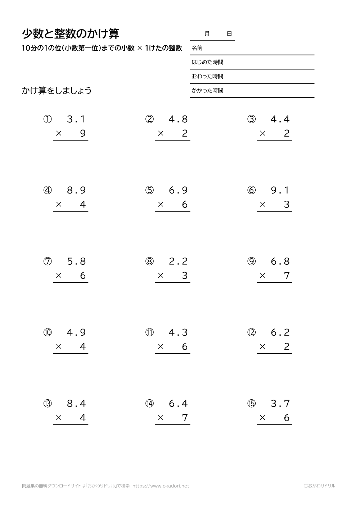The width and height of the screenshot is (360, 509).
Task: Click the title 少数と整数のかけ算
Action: (x=71, y=33)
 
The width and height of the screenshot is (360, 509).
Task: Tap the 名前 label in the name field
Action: (x=197, y=48)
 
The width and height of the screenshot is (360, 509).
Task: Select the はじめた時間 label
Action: (x=207, y=62)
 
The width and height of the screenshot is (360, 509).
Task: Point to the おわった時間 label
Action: (x=207, y=76)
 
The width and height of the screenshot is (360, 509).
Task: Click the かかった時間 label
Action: (x=207, y=91)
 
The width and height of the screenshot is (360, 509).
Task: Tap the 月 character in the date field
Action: (x=207, y=34)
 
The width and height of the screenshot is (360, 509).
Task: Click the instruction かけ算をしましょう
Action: (x=57, y=90)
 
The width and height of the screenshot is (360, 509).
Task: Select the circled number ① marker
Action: (x=48, y=119)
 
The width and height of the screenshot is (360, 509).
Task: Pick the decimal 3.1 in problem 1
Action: (x=76, y=119)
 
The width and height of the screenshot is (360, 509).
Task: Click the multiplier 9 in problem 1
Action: (x=83, y=133)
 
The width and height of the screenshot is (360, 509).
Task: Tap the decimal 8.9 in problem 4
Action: (x=76, y=190)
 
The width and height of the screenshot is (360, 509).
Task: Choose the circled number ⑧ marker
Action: (x=149, y=262)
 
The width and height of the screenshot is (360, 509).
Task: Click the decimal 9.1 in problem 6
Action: (x=280, y=190)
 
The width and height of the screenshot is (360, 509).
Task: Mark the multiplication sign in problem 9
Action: (x=262, y=276)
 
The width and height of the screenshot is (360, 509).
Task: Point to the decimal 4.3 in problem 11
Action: (x=178, y=332)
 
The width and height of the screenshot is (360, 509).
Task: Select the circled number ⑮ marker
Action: (x=251, y=404)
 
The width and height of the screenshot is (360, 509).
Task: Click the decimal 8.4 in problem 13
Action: (x=76, y=404)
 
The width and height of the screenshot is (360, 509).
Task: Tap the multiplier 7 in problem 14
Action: (x=185, y=418)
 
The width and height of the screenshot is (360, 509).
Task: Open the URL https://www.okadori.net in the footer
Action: (x=161, y=486)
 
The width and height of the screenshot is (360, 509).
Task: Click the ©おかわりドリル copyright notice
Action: (x=319, y=486)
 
